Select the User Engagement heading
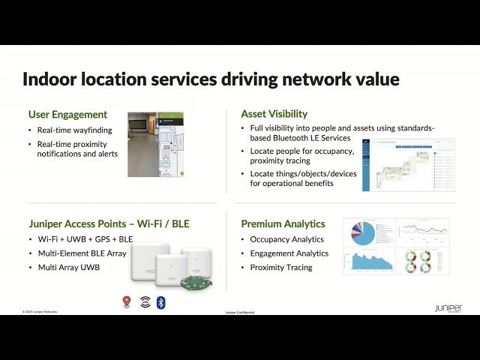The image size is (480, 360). (x=67, y=115)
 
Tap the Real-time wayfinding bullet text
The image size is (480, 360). (x=74, y=129)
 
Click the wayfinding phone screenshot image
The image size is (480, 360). (x=155, y=145)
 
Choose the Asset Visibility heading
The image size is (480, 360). (x=274, y=114)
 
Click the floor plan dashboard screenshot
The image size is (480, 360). (x=408, y=164)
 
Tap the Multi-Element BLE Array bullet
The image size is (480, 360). (x=82, y=253)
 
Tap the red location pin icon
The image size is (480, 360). (x=127, y=301)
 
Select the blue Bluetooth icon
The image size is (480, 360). (x=160, y=301)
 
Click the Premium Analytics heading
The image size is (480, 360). (x=283, y=224)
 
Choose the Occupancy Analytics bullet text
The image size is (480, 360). (x=286, y=239)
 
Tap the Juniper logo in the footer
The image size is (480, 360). (x=448, y=308)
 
